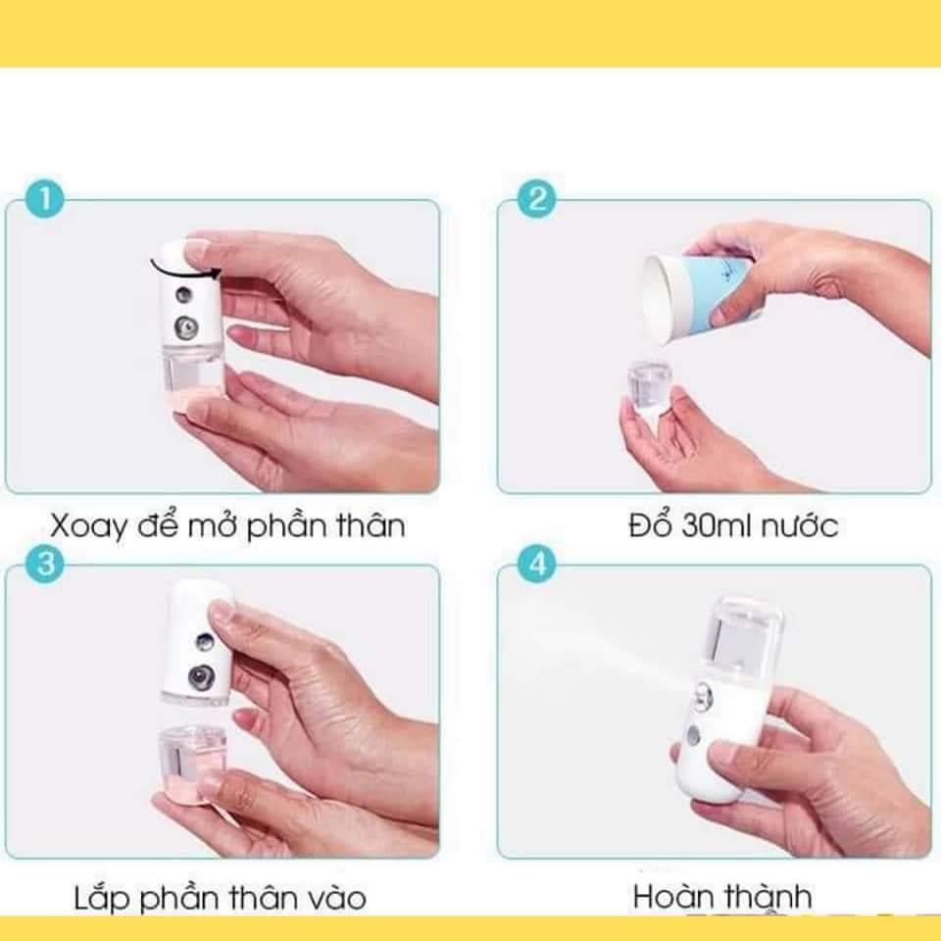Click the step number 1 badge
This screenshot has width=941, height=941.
click(x=45, y=199)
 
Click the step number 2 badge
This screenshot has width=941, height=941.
click(x=537, y=199)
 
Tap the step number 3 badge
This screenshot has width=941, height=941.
click(x=45, y=565)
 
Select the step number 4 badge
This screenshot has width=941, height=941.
click(x=537, y=565)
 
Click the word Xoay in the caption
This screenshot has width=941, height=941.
click(x=89, y=526)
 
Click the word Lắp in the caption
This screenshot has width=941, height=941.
click(x=101, y=899)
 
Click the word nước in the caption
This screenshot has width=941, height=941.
click(x=800, y=526)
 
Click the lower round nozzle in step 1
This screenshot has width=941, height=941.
click(x=186, y=327)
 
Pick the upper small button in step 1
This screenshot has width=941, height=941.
click(x=183, y=295)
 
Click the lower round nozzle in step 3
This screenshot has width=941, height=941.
click(x=199, y=677)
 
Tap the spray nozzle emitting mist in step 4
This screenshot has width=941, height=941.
click(x=702, y=696)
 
